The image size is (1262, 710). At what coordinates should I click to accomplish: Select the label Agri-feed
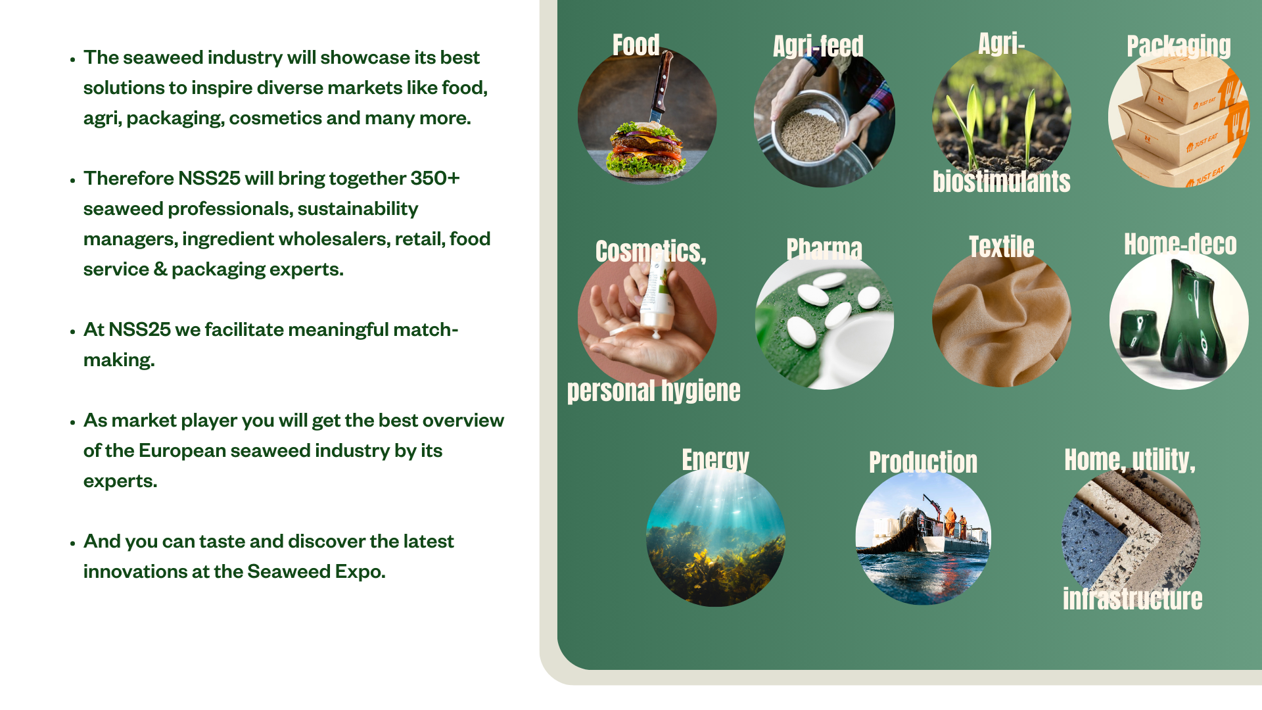[x=818, y=46]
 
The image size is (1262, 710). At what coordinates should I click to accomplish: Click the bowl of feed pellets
[x=810, y=128]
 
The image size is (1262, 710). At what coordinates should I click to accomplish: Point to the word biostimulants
[x=1001, y=181]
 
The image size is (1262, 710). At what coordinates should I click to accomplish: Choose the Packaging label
[x=1179, y=46]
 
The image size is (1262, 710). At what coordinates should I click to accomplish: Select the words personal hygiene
[x=653, y=390]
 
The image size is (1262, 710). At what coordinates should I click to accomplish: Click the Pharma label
[x=824, y=249]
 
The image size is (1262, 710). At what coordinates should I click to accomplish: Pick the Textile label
[x=1001, y=247]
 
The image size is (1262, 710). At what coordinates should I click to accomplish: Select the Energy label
[x=715, y=460]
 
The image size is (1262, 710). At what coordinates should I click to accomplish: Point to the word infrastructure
[x=1133, y=599]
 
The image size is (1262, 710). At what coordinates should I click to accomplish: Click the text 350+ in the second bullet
[x=435, y=178]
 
